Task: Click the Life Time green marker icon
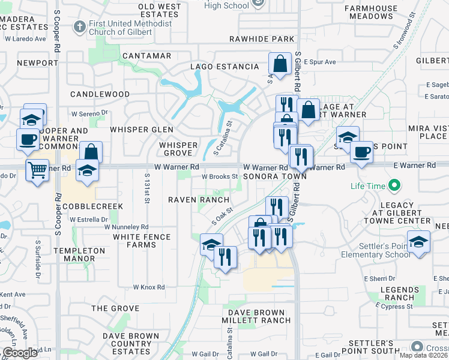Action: point(394,185)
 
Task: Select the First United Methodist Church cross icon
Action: point(79,26)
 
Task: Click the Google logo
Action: point(20,352)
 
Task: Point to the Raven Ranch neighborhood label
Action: point(198,200)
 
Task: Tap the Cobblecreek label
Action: point(92,206)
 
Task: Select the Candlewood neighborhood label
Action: point(100,94)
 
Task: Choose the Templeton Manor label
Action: point(83,254)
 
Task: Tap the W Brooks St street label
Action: point(220,177)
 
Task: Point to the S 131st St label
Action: point(146,188)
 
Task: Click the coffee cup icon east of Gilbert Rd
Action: point(361,152)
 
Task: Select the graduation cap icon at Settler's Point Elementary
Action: point(418,241)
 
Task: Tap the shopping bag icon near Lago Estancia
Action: point(280,63)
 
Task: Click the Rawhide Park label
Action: point(262,39)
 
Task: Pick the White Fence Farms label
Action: point(143,241)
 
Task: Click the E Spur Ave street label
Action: point(319,62)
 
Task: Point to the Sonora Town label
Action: point(275,177)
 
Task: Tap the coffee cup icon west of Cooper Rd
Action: point(28,139)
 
